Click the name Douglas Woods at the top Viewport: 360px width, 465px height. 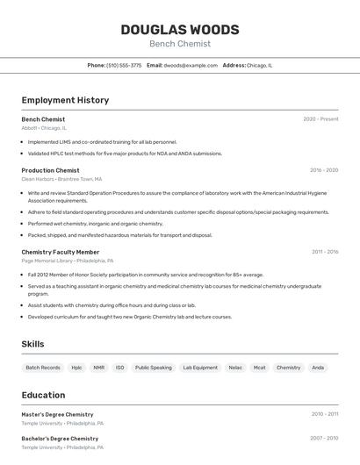pos(179,29)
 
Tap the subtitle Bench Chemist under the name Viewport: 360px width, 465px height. pos(179,44)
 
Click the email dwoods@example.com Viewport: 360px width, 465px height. pos(191,65)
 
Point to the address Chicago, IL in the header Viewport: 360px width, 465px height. pos(259,65)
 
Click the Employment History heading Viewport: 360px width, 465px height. pos(65,100)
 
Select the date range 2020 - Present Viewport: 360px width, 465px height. pos(320,119)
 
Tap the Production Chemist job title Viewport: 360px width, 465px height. pos(50,170)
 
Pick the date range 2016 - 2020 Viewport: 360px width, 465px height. pos(324,170)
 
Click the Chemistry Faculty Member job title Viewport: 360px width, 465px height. pos(61,252)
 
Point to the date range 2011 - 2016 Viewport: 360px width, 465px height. pos(325,252)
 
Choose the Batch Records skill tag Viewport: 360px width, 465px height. pos(43,368)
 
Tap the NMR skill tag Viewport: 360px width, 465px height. pos(98,368)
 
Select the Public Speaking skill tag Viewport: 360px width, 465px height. pos(154,368)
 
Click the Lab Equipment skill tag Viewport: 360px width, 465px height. pos(200,368)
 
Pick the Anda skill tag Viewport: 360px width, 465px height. pos(318,368)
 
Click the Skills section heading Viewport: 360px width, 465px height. pos(32,344)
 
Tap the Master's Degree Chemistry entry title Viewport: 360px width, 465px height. pos(57,414)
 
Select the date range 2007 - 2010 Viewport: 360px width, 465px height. pos(324,438)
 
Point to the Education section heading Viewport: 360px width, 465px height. pos(43,395)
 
